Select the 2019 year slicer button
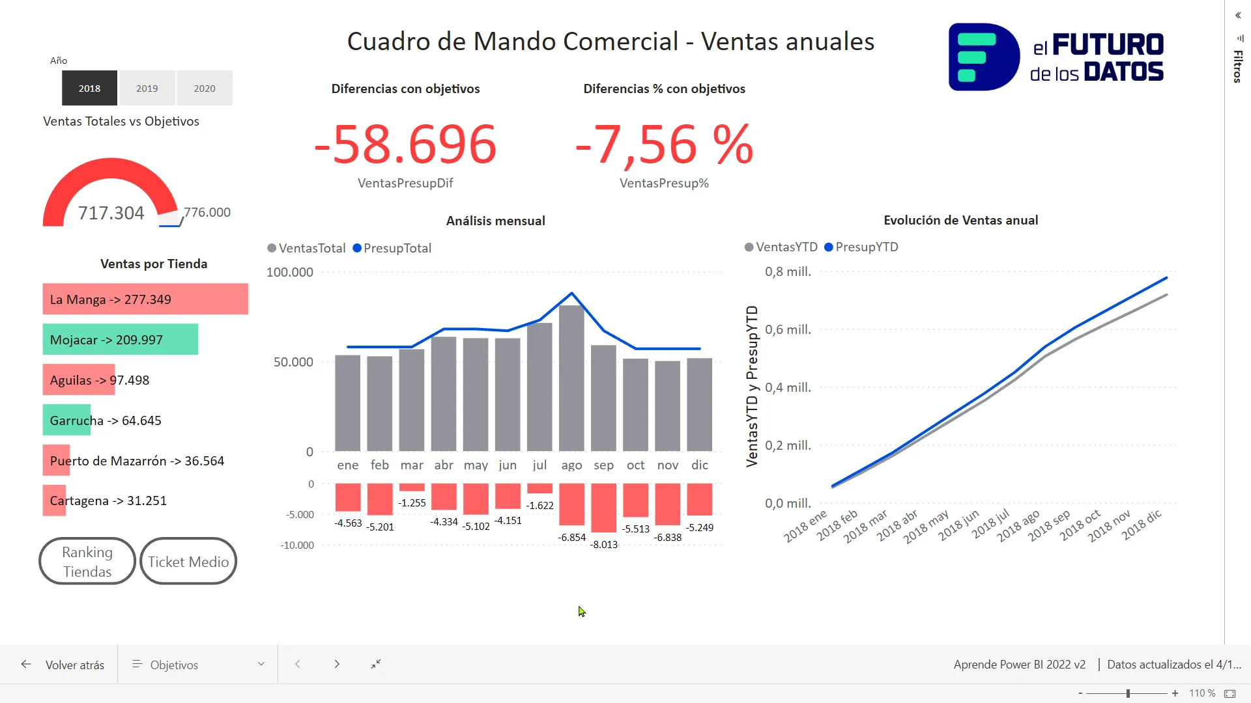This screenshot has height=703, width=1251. [x=147, y=88]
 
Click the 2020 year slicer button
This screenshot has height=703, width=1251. [x=204, y=88]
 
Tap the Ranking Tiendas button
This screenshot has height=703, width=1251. [x=87, y=561]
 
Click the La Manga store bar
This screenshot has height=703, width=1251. [x=145, y=299]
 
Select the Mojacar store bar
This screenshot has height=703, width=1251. [x=121, y=339]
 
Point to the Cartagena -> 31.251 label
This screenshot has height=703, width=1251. [x=108, y=501]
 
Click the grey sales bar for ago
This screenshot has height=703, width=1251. [x=571, y=378]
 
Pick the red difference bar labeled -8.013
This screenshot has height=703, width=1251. [x=603, y=508]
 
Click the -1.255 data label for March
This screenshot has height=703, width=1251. [x=412, y=503]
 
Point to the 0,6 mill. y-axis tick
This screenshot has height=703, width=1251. [x=788, y=330]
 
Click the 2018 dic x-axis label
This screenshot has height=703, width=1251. [x=1141, y=525]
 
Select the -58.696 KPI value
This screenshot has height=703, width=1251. [x=405, y=145]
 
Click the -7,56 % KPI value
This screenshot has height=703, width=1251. [x=664, y=145]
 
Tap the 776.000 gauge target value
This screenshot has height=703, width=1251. [x=207, y=212]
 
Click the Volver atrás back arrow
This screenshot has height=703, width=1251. [x=26, y=664]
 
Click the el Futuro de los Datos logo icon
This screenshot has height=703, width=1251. [x=983, y=57]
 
